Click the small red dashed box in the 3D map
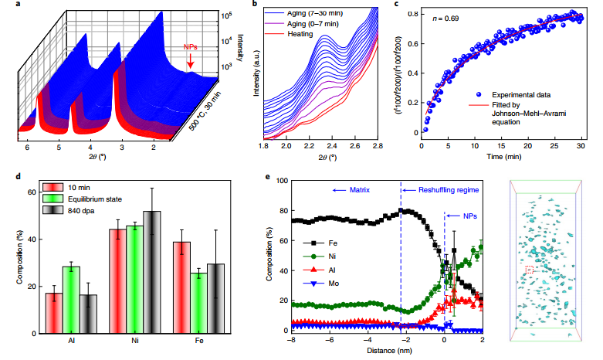(529, 269)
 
